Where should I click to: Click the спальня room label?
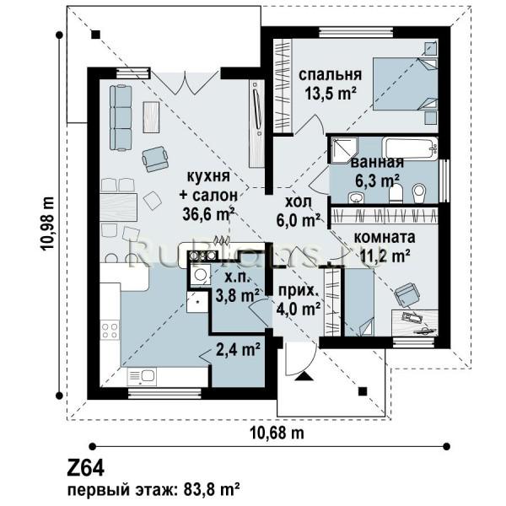point(330,76)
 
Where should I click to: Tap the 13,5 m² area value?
point(331,94)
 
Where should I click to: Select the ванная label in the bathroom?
point(377,162)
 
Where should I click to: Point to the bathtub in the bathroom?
point(412,148)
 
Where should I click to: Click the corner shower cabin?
point(343,150)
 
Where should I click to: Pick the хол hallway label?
point(299,202)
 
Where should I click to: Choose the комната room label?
point(385,238)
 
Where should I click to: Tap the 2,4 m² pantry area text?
point(238,349)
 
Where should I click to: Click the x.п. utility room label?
point(233,277)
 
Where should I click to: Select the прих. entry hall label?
point(298,291)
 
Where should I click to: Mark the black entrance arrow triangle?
point(304,376)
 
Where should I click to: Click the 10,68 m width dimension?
point(277,433)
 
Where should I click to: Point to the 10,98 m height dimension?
point(47,223)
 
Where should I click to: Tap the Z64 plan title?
point(85,468)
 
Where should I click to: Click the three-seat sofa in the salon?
point(121,117)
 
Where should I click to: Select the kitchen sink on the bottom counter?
point(142,376)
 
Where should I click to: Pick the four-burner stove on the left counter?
point(110,330)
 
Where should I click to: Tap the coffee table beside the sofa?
point(151,117)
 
